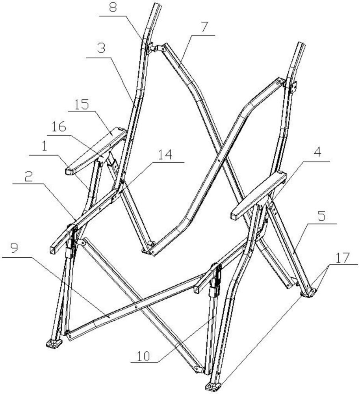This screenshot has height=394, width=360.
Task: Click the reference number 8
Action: (113, 7)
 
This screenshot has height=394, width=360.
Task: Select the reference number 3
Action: (101, 48)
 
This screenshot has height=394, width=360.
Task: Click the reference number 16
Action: (59, 127)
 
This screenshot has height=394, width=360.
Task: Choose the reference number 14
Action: (165, 154)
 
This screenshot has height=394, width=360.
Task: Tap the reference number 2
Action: (29, 177)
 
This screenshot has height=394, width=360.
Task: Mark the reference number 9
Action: (14, 248)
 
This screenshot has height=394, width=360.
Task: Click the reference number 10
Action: (143, 356)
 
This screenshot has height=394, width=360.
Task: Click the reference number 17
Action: (343, 258)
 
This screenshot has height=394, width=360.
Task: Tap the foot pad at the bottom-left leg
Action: (54, 344)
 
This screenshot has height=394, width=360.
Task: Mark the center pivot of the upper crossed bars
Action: (219, 160)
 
